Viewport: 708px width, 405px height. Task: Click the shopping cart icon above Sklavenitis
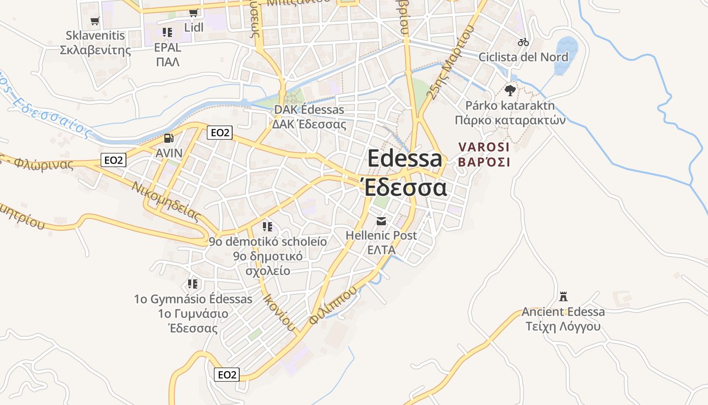[95, 21]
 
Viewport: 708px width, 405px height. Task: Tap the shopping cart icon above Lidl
[193, 13]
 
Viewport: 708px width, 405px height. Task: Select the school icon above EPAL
[167, 32]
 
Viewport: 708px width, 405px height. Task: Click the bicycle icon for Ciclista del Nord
[523, 42]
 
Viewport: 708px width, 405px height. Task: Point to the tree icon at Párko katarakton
[510, 91]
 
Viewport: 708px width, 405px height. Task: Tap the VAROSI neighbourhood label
[484, 147]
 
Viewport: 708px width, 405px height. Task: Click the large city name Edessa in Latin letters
[405, 159]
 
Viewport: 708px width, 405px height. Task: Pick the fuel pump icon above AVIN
[169, 138]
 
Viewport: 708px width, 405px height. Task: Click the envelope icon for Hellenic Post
[381, 221]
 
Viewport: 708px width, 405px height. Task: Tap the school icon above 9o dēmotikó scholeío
[268, 226]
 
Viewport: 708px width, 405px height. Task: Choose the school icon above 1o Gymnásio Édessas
[193, 284]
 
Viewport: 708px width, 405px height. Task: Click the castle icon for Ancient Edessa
[563, 297]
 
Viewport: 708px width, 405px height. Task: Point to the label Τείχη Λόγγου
[563, 327]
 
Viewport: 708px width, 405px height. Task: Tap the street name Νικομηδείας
[166, 201]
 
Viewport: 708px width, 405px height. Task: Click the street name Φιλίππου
[333, 305]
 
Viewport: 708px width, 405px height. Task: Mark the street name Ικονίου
[279, 312]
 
